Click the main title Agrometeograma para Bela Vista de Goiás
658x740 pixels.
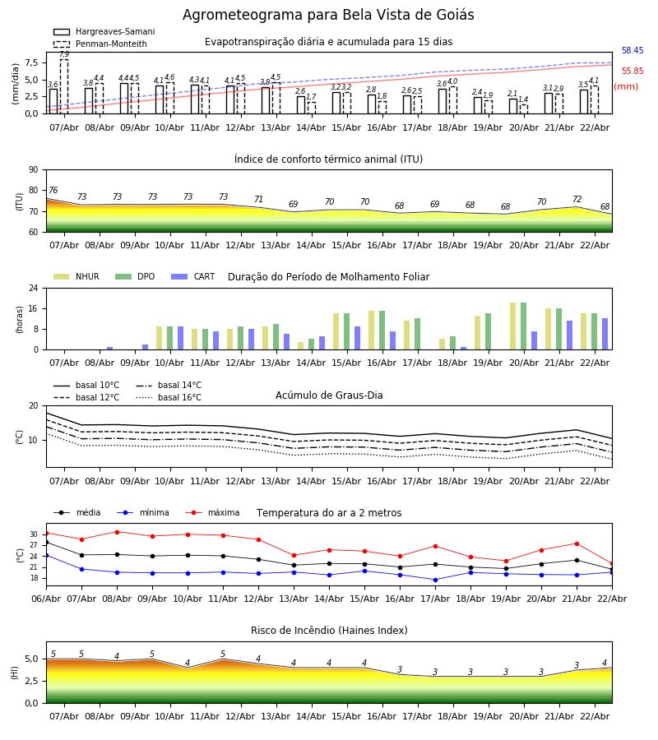click(x=328, y=16)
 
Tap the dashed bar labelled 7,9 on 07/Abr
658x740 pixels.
click(x=64, y=86)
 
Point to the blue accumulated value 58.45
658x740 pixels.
click(x=632, y=51)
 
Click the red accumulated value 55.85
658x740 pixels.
click(x=632, y=72)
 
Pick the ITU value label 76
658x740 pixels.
click(x=53, y=191)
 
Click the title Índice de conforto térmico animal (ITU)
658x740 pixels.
click(x=328, y=160)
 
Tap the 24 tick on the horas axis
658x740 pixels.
click(x=35, y=289)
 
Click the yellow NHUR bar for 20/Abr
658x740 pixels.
click(x=513, y=326)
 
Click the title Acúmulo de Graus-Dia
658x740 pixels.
click(x=329, y=395)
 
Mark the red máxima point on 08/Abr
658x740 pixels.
click(x=117, y=532)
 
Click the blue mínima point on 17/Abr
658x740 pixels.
click(x=435, y=580)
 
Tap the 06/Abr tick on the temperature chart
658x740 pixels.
click(x=46, y=598)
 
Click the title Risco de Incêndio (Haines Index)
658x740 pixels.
click(x=329, y=631)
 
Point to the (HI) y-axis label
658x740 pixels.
click(x=16, y=673)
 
